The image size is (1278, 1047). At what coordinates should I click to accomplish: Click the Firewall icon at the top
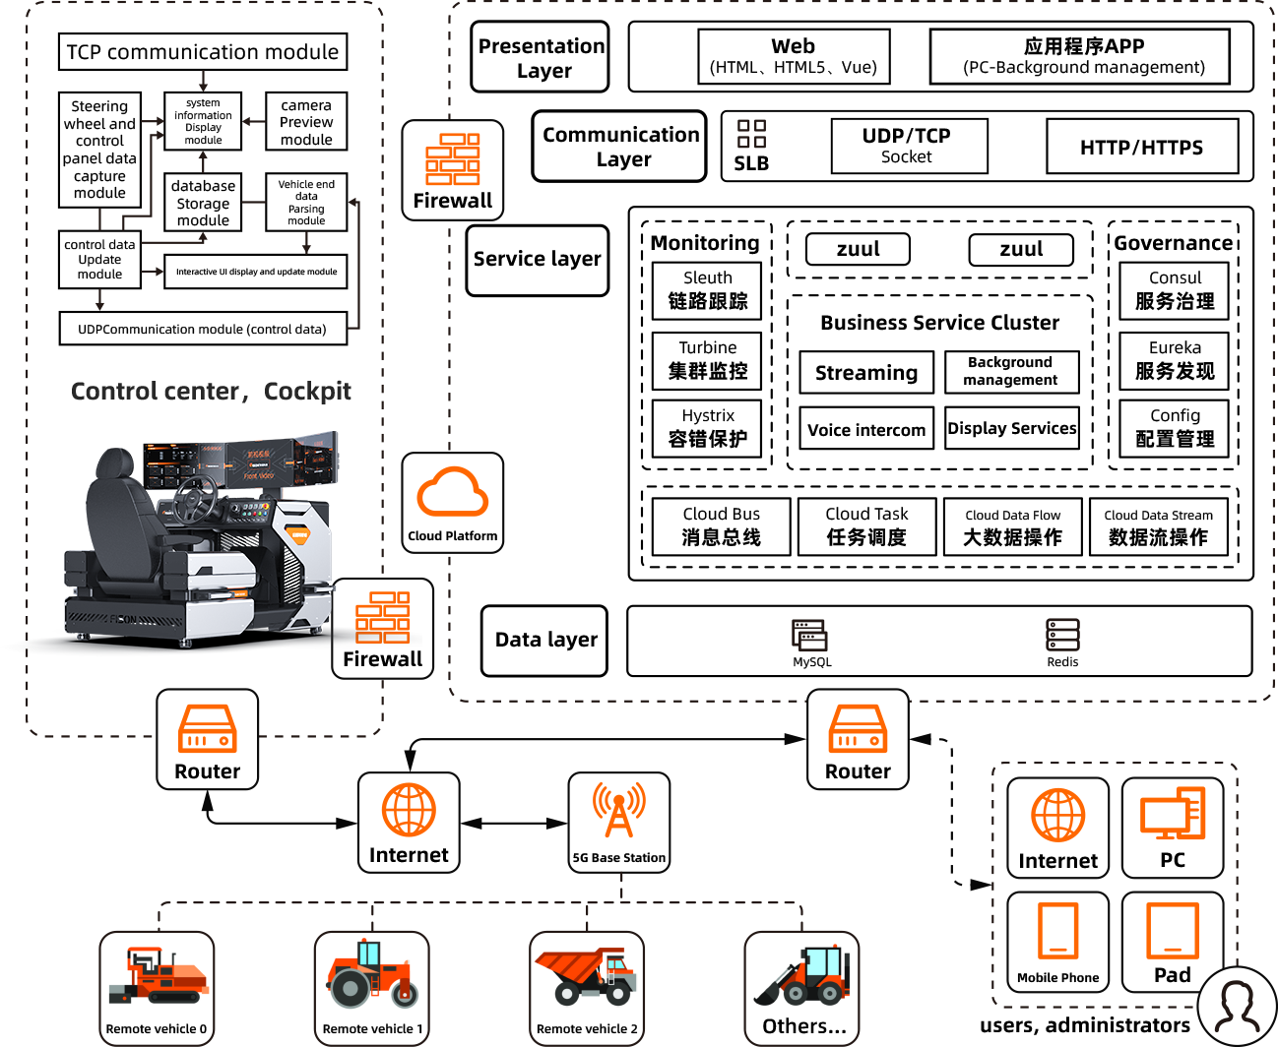(452, 169)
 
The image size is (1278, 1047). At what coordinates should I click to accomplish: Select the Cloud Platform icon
(452, 502)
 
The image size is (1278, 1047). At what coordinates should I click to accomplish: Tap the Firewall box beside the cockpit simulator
(382, 628)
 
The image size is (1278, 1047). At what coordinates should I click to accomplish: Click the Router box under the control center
(207, 739)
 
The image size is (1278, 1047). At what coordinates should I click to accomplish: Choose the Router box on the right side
(858, 739)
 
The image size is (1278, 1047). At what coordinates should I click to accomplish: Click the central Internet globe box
(409, 822)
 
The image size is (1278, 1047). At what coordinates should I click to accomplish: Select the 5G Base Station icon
(619, 822)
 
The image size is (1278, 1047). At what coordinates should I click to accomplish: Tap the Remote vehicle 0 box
(157, 987)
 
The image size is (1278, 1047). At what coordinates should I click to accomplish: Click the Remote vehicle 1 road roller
(371, 987)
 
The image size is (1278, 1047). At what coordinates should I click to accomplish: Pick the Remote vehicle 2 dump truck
(587, 987)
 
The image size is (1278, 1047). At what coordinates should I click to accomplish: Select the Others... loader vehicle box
(801, 987)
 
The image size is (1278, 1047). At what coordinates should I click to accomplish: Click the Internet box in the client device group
(1057, 828)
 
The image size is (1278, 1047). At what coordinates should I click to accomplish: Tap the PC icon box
(1173, 828)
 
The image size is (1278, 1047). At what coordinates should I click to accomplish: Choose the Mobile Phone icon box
(1057, 941)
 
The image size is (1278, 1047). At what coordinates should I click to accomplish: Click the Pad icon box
(1173, 941)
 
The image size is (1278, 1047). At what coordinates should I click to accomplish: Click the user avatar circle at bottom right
(1238, 1007)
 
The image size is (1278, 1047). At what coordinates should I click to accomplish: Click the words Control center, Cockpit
(211, 392)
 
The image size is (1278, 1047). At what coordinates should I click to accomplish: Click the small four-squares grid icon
(751, 134)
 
